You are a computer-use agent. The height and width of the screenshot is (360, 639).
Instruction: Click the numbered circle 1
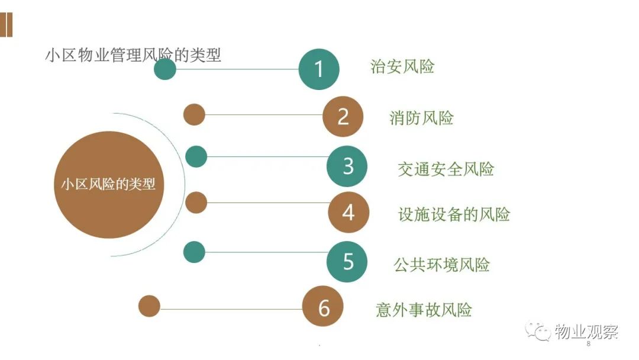click(x=319, y=69)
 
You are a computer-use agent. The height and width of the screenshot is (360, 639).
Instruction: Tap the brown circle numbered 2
click(x=343, y=117)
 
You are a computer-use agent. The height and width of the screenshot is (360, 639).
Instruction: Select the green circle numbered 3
click(x=347, y=166)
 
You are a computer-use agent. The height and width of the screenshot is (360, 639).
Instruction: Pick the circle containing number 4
click(x=348, y=213)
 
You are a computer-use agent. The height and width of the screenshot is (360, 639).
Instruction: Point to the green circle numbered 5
click(x=347, y=262)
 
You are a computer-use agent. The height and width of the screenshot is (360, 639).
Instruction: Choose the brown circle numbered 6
click(x=323, y=307)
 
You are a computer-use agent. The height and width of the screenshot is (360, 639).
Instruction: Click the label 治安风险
click(x=402, y=66)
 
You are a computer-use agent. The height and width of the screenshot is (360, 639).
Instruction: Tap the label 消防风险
click(x=421, y=118)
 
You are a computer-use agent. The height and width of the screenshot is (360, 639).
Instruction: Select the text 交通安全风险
click(x=446, y=169)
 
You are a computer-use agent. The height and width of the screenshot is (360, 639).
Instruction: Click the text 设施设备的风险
click(x=454, y=214)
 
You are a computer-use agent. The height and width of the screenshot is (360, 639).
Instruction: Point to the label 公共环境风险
click(x=441, y=265)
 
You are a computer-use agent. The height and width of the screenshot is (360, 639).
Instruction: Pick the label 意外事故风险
click(x=424, y=310)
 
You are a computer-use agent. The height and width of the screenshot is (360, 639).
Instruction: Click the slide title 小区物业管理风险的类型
click(x=133, y=55)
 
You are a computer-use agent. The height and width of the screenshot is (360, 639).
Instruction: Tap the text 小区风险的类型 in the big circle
click(x=108, y=184)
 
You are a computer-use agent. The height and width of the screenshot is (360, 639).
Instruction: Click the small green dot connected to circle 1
click(x=165, y=69)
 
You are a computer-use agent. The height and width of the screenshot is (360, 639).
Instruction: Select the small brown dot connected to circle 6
click(x=149, y=306)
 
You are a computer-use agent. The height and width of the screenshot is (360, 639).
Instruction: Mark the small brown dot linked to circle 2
click(x=194, y=114)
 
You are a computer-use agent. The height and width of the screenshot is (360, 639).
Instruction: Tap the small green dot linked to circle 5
click(x=194, y=252)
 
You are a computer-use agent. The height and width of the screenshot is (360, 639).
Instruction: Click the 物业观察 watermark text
click(x=586, y=332)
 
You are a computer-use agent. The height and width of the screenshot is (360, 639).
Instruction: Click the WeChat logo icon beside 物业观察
click(x=538, y=331)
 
